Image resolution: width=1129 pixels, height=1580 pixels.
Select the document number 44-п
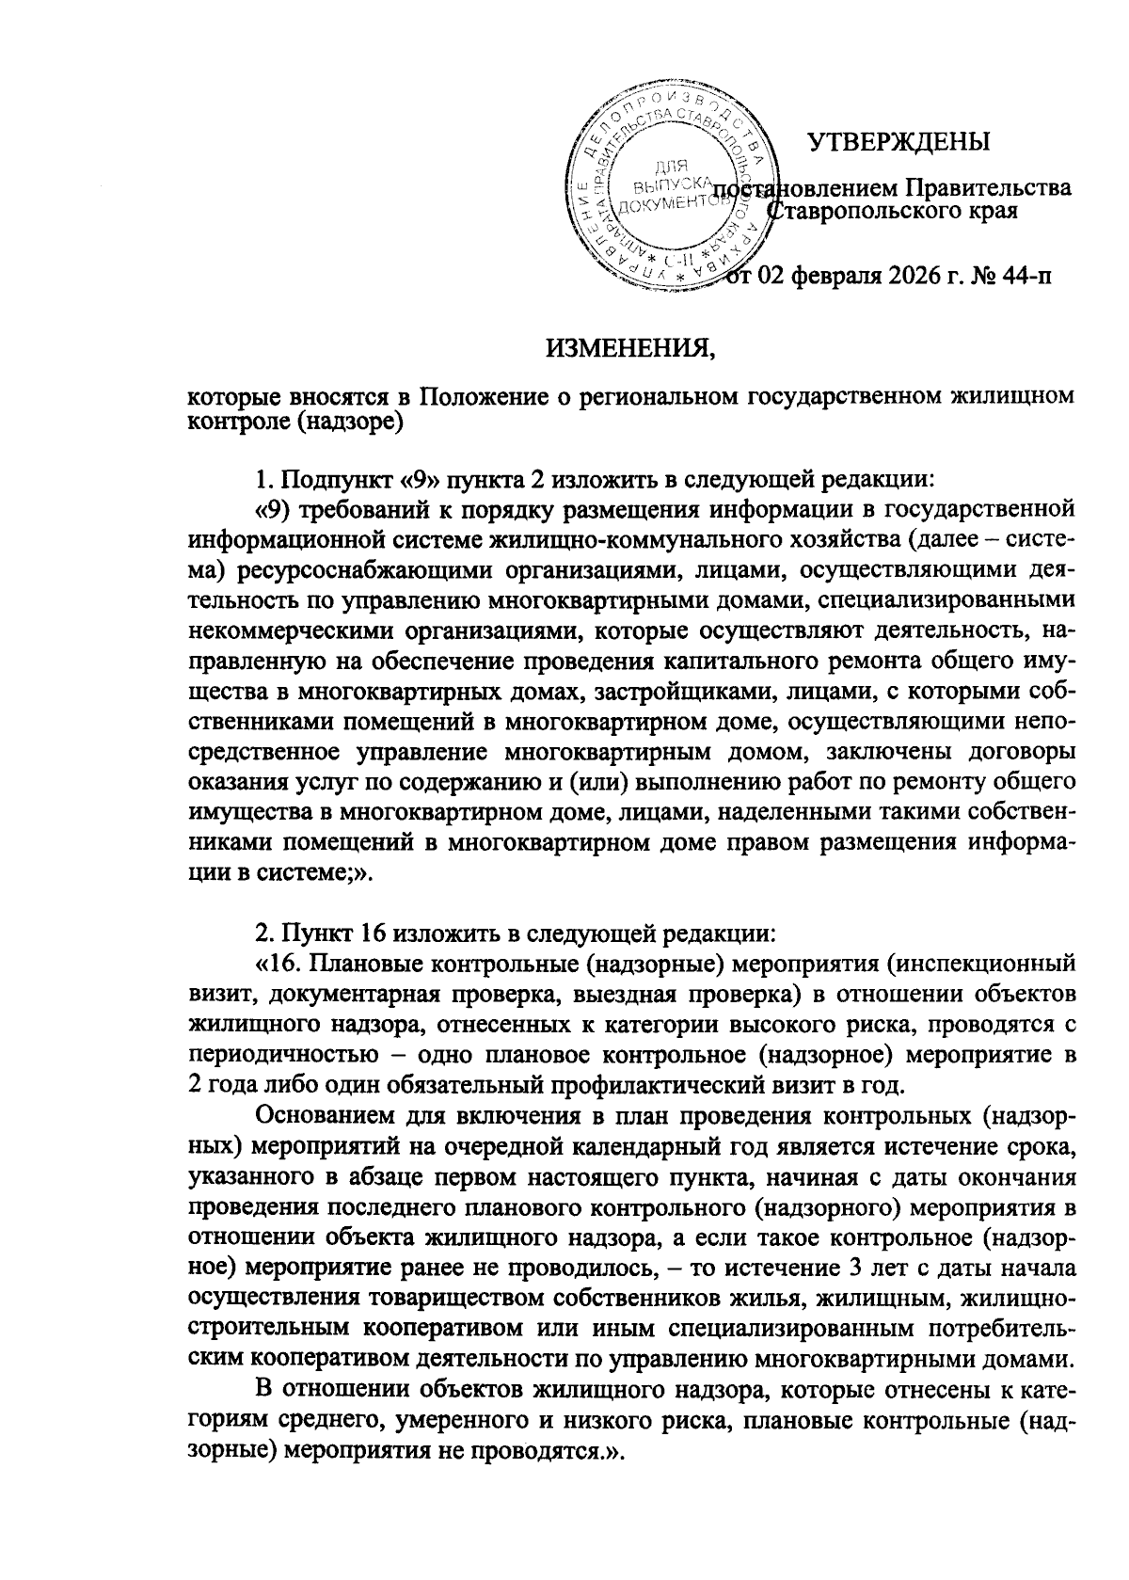click(1020, 276)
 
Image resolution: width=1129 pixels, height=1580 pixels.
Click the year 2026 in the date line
click(919, 276)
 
